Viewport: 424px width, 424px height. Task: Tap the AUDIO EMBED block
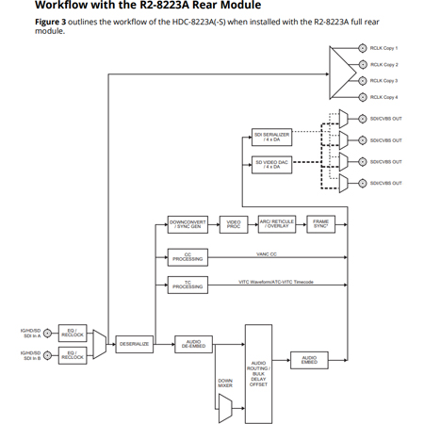(x=309, y=359)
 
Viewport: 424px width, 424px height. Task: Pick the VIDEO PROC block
(x=233, y=224)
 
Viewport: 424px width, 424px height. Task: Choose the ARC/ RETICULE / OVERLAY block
(x=277, y=224)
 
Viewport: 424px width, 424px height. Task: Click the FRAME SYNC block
(x=320, y=224)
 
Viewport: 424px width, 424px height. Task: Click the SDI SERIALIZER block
(x=272, y=138)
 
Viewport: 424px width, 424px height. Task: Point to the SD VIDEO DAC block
(x=272, y=165)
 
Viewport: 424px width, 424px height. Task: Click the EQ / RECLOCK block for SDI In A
(x=73, y=333)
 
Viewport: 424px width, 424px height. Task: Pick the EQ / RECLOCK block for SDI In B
(x=73, y=355)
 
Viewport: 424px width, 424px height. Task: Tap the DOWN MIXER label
(x=225, y=383)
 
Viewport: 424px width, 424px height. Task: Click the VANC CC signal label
(x=266, y=254)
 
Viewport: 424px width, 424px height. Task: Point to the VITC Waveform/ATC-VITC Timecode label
(x=276, y=282)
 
